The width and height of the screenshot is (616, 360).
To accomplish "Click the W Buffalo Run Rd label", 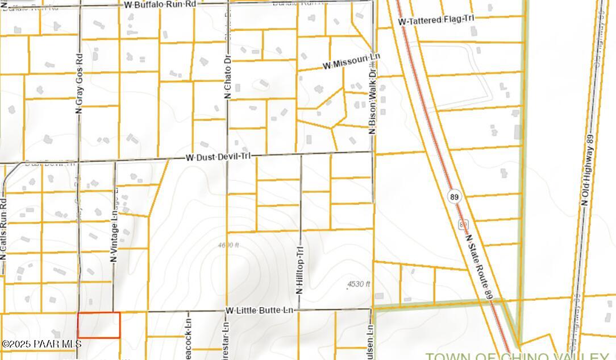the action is click(160, 5).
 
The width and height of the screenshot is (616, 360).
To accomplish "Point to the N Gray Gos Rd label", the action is click(79, 83).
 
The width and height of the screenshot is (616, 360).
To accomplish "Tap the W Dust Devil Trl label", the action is click(218, 157).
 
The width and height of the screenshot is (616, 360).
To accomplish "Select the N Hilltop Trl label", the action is click(300, 269).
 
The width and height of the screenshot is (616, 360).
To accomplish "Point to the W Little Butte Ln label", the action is click(259, 311).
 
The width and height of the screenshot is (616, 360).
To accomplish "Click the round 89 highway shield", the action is click(453, 197).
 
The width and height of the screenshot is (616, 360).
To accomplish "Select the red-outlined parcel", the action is click(99, 325).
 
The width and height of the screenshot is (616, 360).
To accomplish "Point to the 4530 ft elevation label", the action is click(359, 284).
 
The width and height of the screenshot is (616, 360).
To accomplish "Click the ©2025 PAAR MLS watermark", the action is click(41, 344).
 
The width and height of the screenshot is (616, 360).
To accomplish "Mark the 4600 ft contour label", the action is click(228, 246).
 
